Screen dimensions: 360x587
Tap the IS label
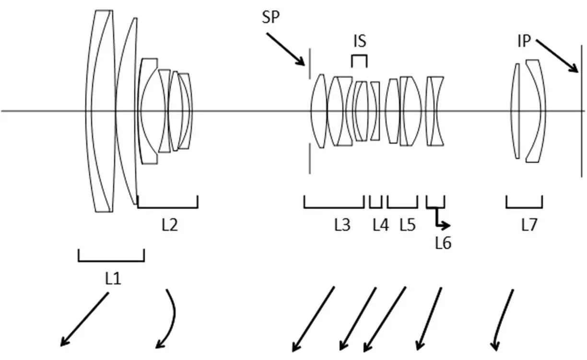coord(360,42)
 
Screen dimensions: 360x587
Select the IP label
coord(525,42)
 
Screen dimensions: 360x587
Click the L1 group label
coord(113,279)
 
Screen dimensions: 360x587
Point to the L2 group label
coord(169,224)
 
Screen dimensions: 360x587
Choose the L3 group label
coord(342,224)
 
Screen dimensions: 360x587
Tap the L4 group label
coord(380,224)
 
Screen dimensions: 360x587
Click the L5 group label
coord(407,224)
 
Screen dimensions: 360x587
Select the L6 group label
coord(443,244)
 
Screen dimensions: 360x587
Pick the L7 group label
coord(529,224)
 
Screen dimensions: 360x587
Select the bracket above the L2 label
coord(167,207)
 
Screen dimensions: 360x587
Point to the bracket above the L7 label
coord(524,207)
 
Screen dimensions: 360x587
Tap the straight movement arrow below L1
coord(84,319)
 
